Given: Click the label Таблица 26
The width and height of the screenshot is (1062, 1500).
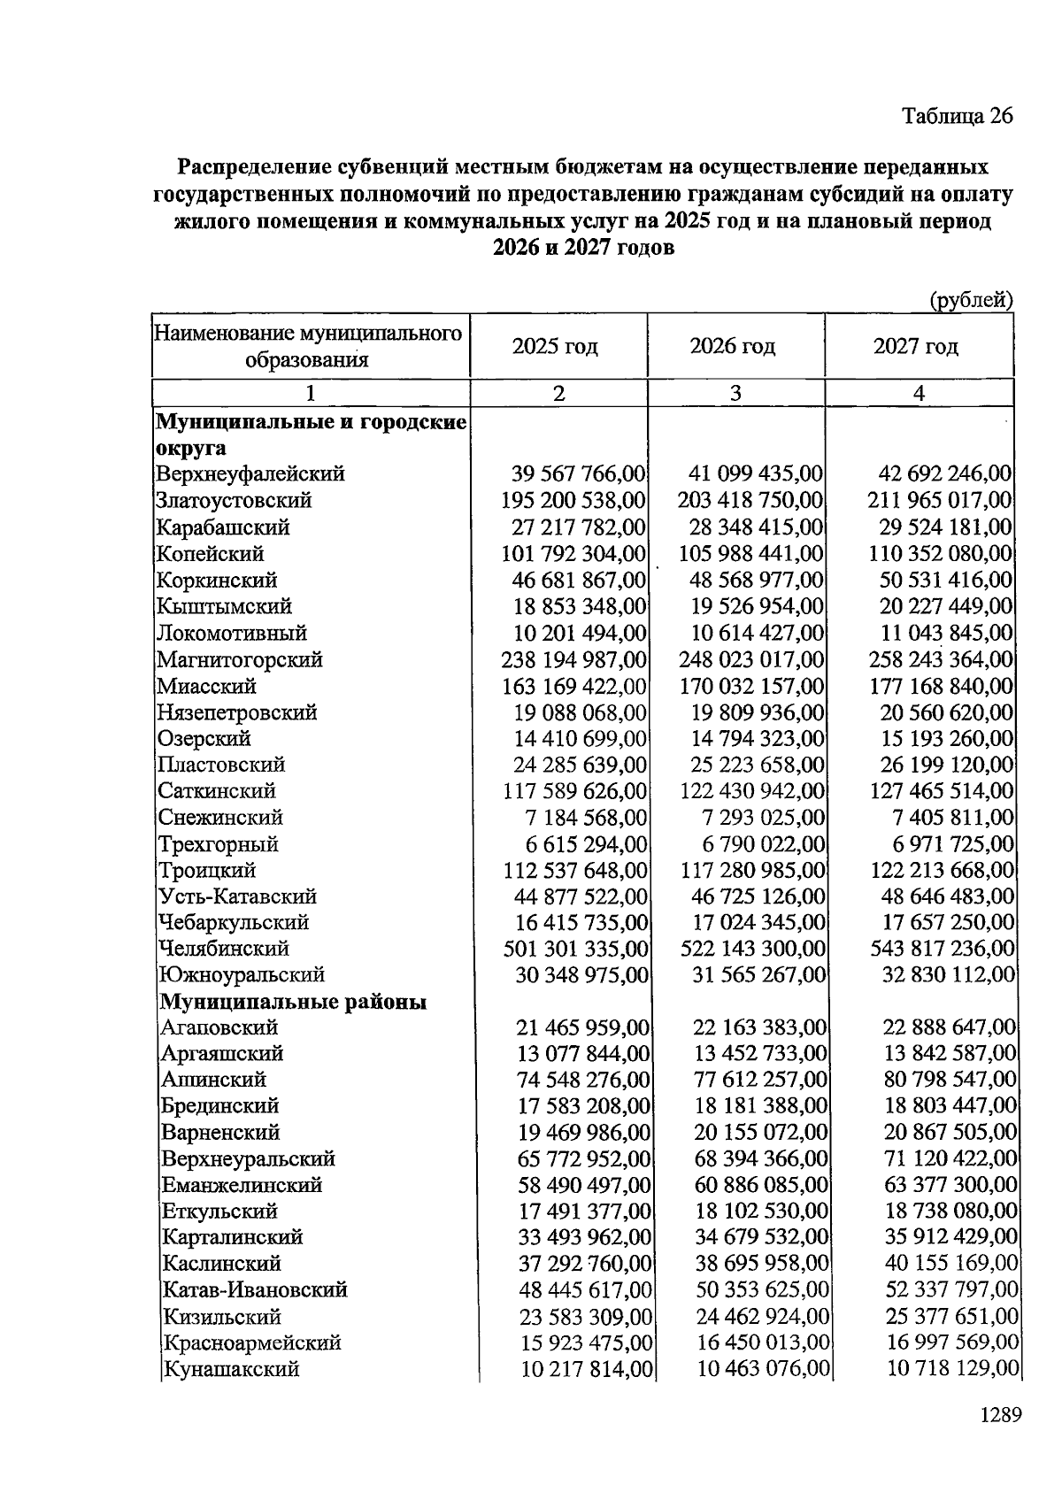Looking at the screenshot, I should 957,116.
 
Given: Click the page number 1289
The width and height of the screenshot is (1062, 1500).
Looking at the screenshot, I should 1000,1414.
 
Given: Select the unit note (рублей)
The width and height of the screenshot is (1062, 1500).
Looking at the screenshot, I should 970,300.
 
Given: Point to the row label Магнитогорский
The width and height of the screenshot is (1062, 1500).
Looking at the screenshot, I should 239,659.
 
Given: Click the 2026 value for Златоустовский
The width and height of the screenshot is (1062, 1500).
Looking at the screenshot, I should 750,500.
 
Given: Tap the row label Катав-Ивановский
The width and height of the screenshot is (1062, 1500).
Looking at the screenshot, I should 255,1289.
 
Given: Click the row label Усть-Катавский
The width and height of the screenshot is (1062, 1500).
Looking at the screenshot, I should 237,896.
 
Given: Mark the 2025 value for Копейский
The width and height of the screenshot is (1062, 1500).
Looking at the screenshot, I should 574,554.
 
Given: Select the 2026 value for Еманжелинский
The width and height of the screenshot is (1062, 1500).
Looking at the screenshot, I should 761,1185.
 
